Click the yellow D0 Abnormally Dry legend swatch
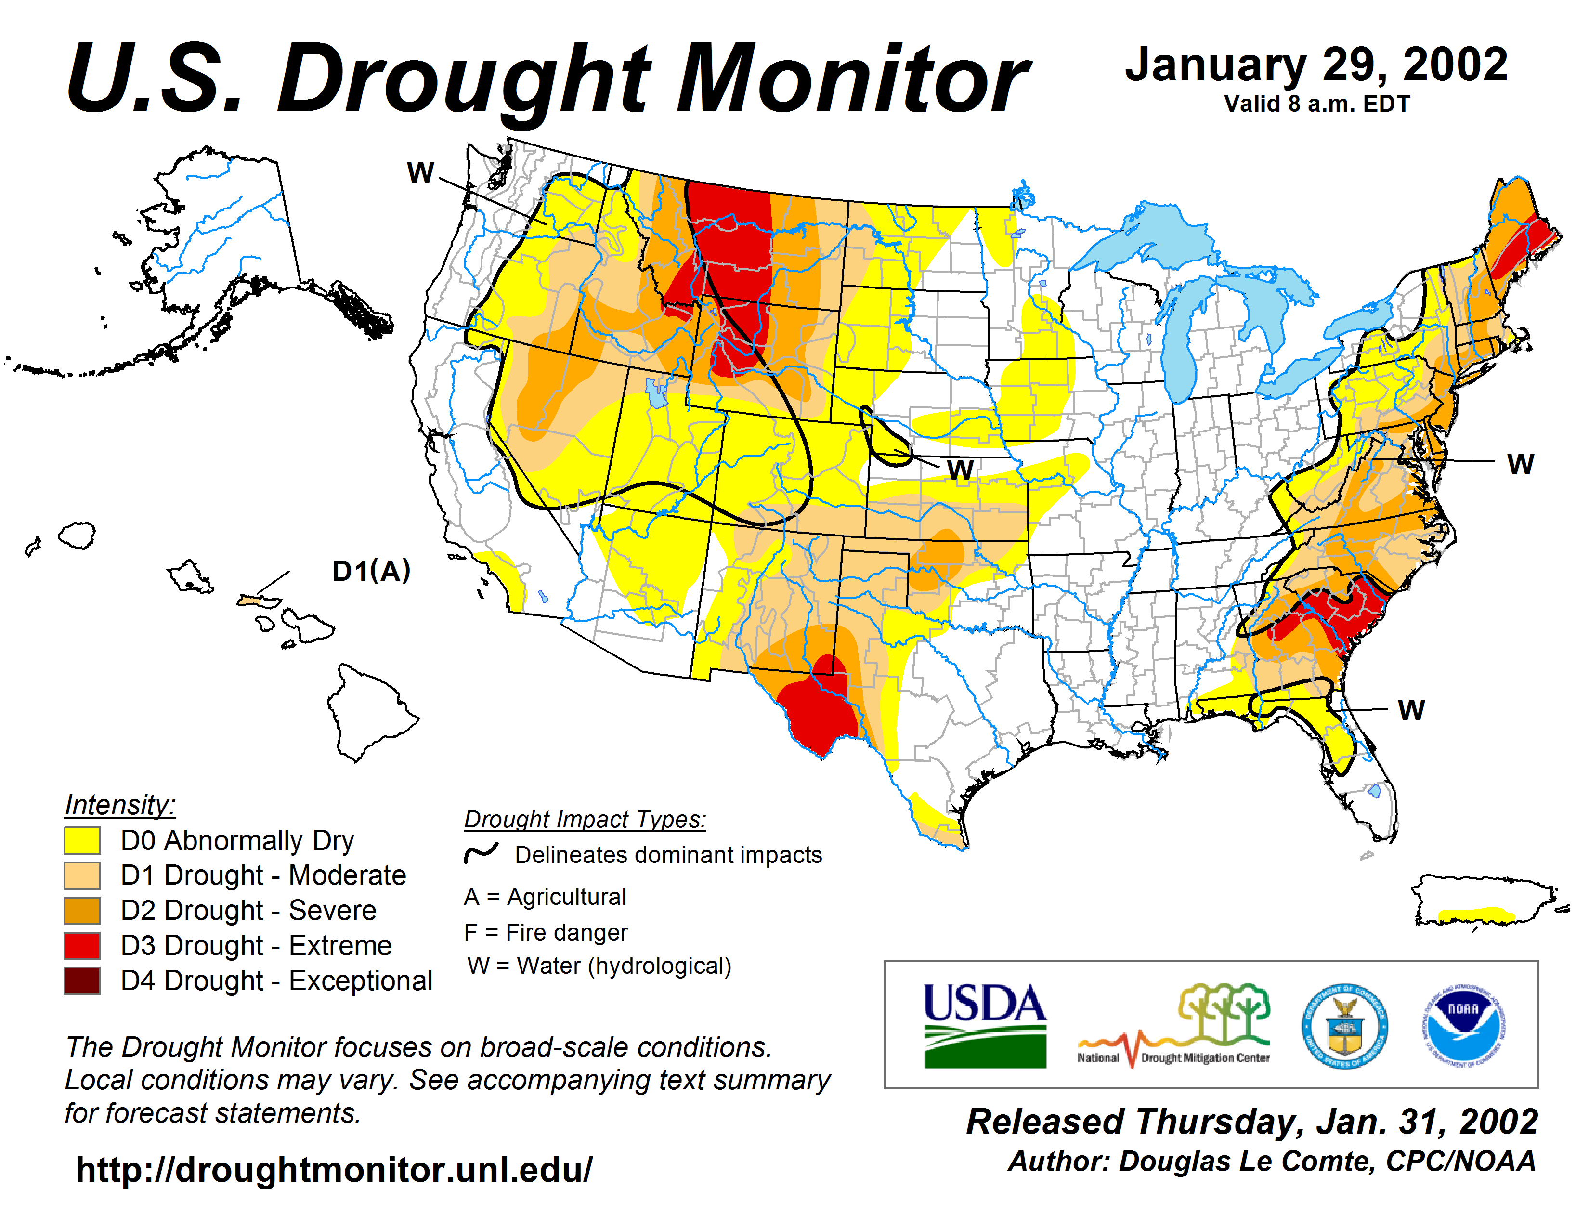click(82, 840)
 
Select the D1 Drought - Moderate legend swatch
click(82, 875)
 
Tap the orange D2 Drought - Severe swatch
click(82, 910)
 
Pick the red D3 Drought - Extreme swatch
click(82, 945)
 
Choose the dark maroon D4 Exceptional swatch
click(82, 980)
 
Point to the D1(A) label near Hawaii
click(371, 571)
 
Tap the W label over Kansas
click(961, 470)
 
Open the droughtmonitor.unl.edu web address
click(334, 1170)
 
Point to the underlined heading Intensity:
click(120, 805)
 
